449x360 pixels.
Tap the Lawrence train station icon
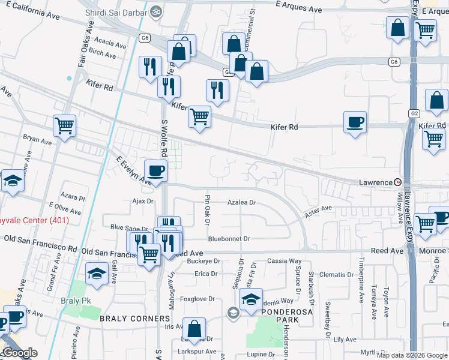click(397, 182)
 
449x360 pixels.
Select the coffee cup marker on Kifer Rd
click(355, 122)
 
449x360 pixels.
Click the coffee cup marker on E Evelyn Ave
click(155, 171)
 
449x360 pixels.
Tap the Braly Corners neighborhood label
click(134, 318)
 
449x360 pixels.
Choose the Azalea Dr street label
click(241, 203)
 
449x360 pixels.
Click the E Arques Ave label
click(298, 10)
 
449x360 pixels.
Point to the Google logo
click(20, 353)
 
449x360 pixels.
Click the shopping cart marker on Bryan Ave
click(64, 126)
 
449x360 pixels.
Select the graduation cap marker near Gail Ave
click(96, 274)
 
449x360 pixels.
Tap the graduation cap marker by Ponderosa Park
click(251, 300)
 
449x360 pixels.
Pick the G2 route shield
click(415, 113)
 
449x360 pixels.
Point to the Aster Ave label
click(318, 209)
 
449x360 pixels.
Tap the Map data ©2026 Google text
click(412, 355)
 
